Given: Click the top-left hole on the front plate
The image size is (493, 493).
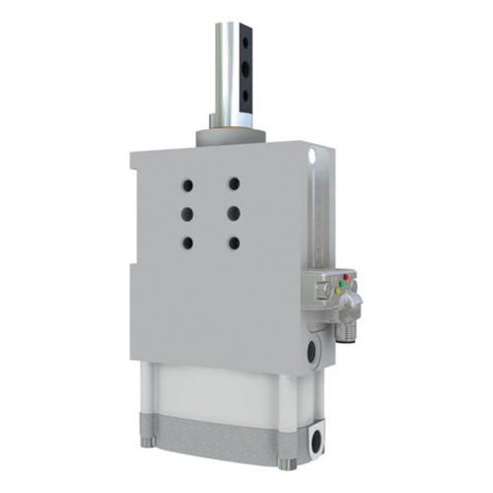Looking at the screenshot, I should (187, 183).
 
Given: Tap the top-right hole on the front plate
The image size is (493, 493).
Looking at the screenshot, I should (234, 183).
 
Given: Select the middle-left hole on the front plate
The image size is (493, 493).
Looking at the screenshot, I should (187, 212).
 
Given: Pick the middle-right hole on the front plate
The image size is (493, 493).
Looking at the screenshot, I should (234, 212).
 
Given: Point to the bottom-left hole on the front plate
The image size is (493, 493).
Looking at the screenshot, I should (187, 242).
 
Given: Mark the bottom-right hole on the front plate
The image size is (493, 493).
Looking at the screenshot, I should (234, 242).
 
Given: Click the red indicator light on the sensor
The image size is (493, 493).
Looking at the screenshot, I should (343, 276).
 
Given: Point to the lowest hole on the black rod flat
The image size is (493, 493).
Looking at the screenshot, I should (246, 95).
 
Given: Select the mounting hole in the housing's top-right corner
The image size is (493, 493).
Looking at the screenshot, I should (313, 157).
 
